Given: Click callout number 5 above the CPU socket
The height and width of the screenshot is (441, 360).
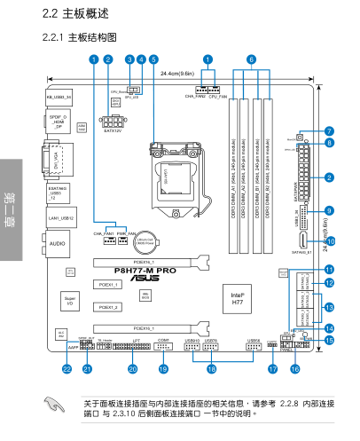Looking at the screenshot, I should click(153, 59).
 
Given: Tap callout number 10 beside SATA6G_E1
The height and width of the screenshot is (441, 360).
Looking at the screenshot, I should click(330, 240).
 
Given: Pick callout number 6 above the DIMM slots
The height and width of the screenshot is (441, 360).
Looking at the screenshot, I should click(251, 59).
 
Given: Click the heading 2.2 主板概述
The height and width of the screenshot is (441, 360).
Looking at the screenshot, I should click(74, 15).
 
